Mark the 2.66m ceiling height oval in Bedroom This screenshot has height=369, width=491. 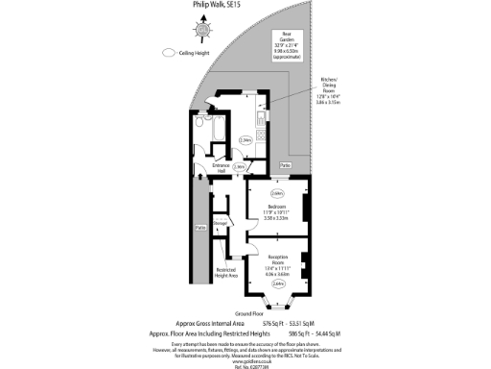277,191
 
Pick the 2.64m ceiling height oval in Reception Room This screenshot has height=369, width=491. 277,283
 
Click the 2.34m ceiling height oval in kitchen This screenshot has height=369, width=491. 245,139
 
